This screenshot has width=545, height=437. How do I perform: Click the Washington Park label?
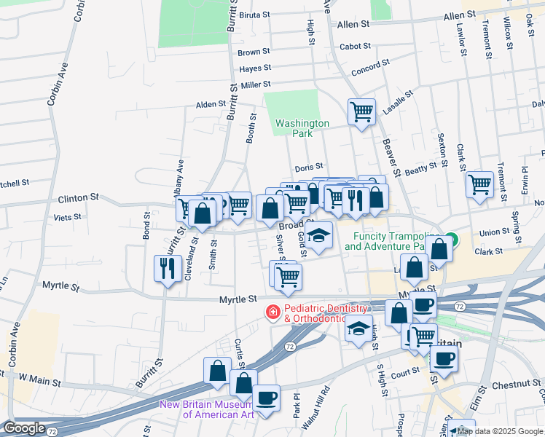click(x=302, y=128)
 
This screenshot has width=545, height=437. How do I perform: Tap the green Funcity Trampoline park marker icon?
click(x=452, y=238)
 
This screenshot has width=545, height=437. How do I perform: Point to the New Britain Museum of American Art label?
click(x=206, y=409)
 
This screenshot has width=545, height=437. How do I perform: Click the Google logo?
click(x=23, y=428)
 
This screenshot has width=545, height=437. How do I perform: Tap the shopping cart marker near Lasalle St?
click(x=361, y=112)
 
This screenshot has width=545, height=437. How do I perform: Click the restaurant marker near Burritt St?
click(x=168, y=268)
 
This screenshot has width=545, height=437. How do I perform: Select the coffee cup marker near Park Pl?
click(x=267, y=398)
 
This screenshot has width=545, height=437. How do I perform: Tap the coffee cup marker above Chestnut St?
click(x=444, y=358)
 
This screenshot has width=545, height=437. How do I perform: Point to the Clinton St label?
click(x=78, y=197)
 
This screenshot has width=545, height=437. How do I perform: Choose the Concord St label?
click(x=370, y=70)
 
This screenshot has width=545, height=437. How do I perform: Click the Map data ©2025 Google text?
click(x=501, y=431)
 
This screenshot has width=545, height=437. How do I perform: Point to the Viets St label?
click(x=66, y=217)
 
